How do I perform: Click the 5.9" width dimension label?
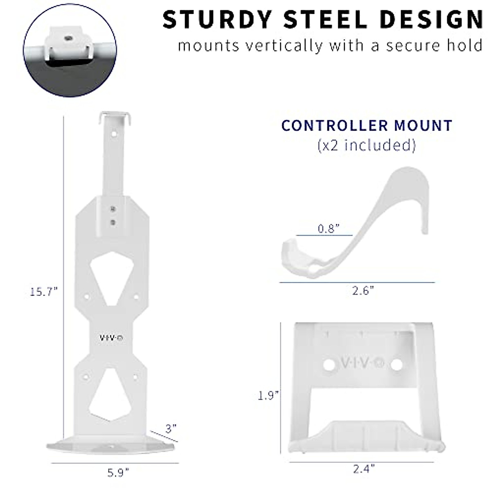click(118, 473)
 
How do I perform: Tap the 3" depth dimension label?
click(171, 428)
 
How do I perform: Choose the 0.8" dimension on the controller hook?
click(329, 228)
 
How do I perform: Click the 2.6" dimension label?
click(363, 291)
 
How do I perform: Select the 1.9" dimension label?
click(269, 396)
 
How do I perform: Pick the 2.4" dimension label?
click(363, 468)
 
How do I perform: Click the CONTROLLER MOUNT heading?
click(367, 125)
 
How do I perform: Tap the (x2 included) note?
click(367, 145)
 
